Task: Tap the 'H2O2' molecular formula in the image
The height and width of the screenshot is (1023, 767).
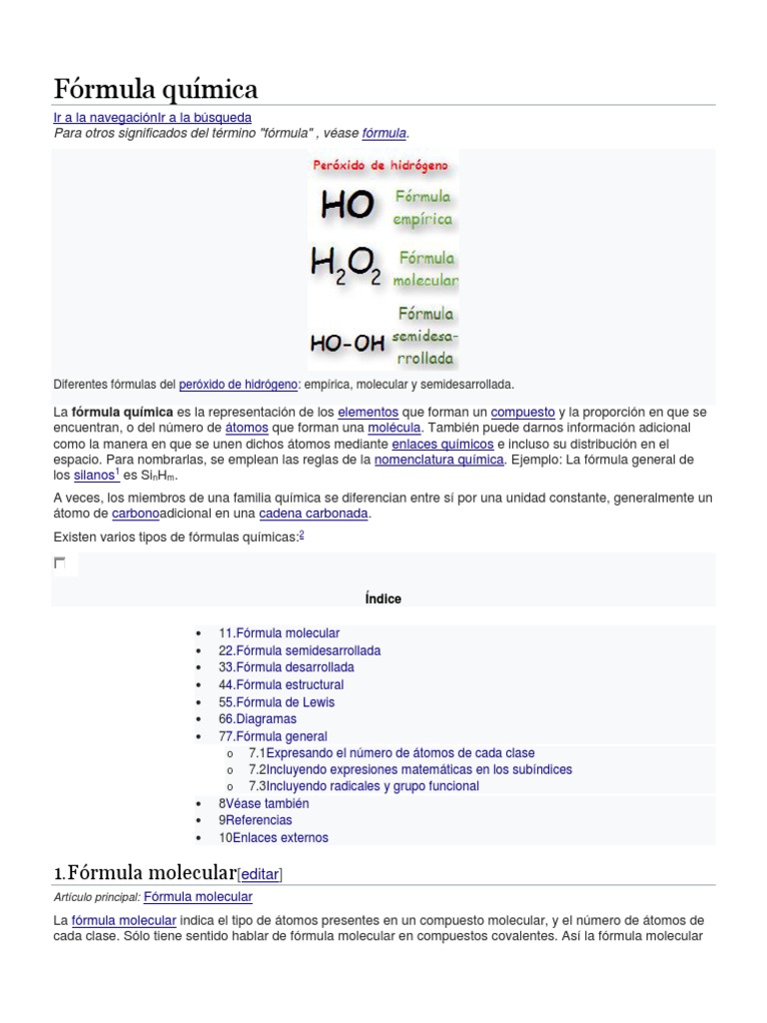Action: click(x=346, y=266)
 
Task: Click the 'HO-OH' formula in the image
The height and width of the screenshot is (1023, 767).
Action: click(x=346, y=343)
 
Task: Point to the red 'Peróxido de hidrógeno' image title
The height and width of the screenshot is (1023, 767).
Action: click(x=381, y=165)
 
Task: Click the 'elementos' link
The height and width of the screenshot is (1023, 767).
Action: click(x=368, y=412)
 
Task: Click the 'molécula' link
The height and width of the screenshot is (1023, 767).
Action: click(x=394, y=428)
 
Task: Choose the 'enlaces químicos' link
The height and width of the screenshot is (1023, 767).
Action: click(x=442, y=444)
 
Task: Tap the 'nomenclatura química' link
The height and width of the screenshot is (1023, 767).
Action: click(x=438, y=460)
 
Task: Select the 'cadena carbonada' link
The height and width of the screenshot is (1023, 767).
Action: click(x=314, y=513)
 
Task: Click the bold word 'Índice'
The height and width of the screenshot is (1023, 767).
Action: click(x=383, y=598)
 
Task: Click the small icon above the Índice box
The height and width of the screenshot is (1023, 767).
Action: click(x=60, y=564)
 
